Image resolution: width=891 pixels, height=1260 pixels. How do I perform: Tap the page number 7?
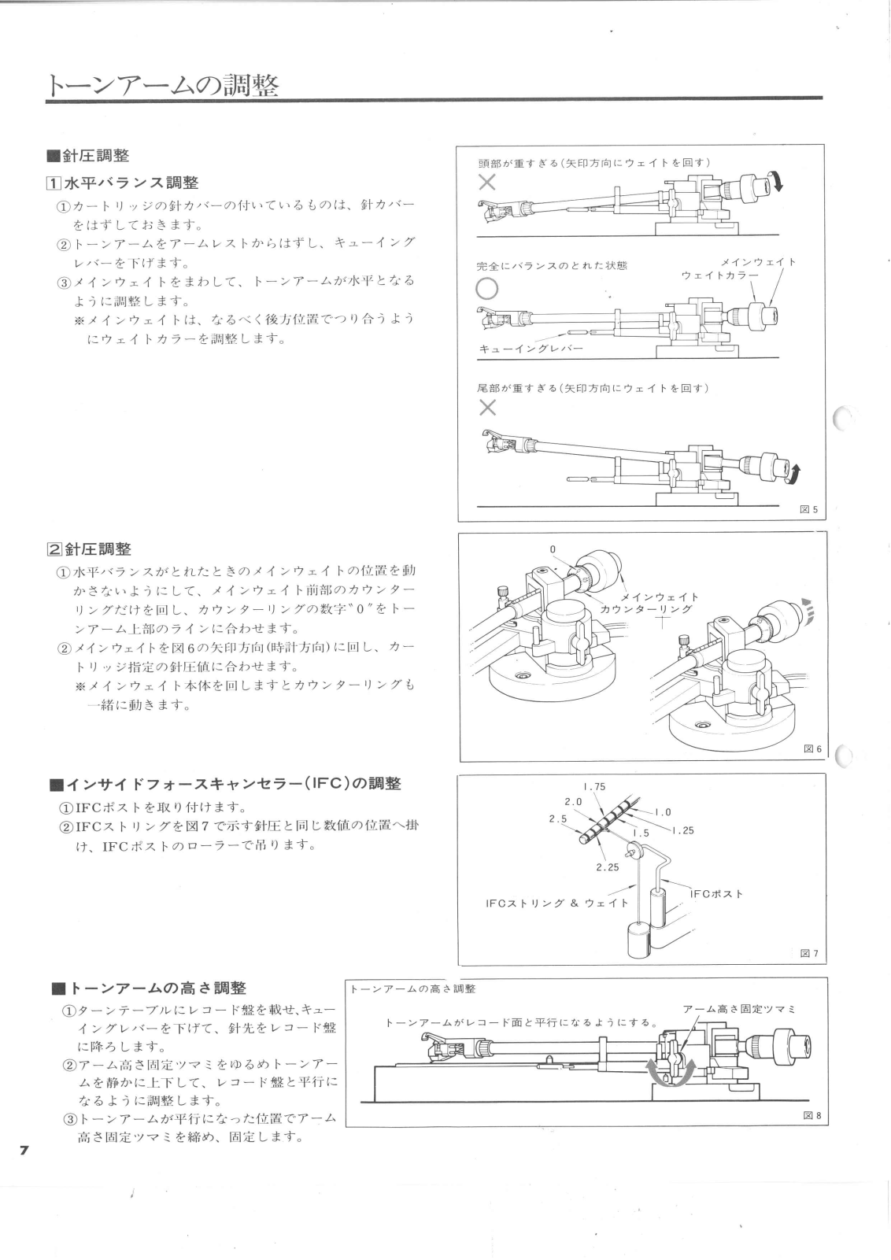(x=24, y=1151)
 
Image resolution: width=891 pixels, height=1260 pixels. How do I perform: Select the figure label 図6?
(x=812, y=748)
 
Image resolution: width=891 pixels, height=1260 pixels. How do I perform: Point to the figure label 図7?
(x=809, y=954)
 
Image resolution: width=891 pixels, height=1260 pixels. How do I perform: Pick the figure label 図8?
(x=812, y=1114)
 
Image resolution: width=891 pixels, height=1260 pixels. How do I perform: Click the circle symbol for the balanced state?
(x=487, y=289)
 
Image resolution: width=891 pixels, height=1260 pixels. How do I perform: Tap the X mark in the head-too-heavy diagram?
(x=487, y=183)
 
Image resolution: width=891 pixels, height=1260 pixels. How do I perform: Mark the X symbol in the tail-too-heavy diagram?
(x=487, y=407)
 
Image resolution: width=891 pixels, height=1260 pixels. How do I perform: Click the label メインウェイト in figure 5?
(x=759, y=261)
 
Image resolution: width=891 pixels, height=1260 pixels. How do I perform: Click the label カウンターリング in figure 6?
(x=646, y=608)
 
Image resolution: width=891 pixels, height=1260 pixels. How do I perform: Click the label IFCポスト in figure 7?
(x=716, y=893)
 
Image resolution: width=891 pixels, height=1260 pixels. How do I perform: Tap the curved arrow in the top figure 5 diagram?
(x=779, y=183)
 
